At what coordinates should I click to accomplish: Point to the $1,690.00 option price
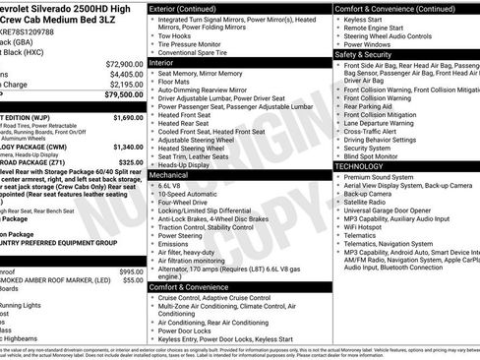click(x=128, y=117)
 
